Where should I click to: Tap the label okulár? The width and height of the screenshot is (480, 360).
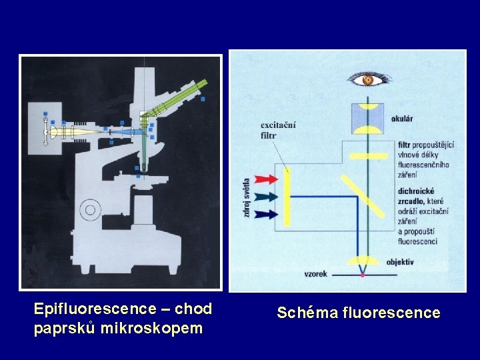click(402, 119)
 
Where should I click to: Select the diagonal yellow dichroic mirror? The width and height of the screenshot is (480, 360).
click(363, 195)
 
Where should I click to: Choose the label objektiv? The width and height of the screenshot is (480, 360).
click(400, 262)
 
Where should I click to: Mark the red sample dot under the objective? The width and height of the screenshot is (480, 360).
click(363, 274)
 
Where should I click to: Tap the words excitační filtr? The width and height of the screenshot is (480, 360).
click(278, 130)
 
